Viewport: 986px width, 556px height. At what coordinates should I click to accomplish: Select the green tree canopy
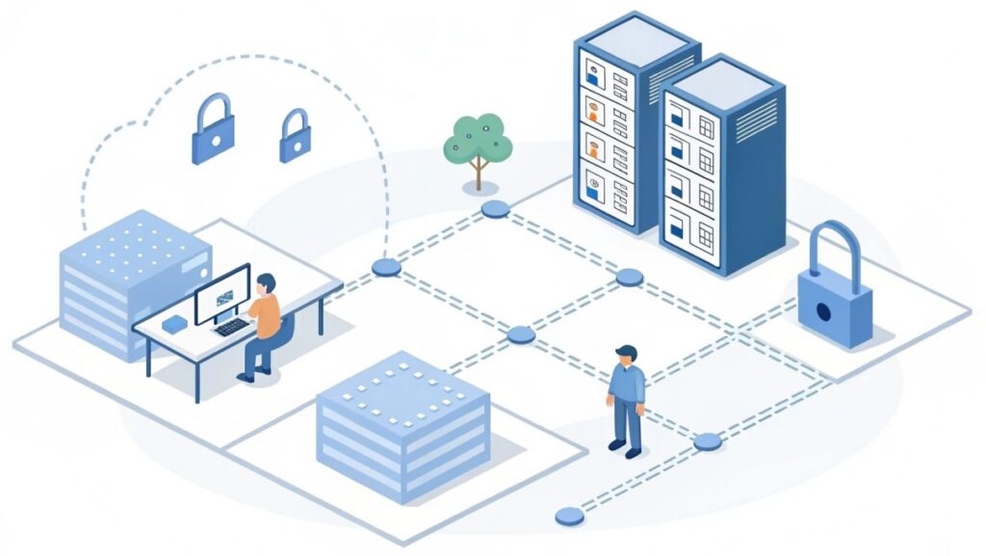(x=478, y=142)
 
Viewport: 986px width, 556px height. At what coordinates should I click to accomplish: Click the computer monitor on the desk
(x=222, y=295)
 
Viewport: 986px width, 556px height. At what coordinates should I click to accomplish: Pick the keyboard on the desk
(x=231, y=327)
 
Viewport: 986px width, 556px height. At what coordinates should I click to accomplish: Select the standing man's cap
(x=627, y=351)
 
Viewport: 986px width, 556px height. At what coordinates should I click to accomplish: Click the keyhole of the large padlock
(x=825, y=312)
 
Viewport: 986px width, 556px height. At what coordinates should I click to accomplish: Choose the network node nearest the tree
(x=495, y=209)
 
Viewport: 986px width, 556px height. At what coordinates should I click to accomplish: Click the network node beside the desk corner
(x=386, y=268)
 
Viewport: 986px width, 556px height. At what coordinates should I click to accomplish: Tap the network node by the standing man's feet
(x=707, y=441)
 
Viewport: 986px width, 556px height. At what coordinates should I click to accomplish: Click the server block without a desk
(x=402, y=424)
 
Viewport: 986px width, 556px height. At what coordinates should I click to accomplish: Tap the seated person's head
(x=266, y=283)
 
